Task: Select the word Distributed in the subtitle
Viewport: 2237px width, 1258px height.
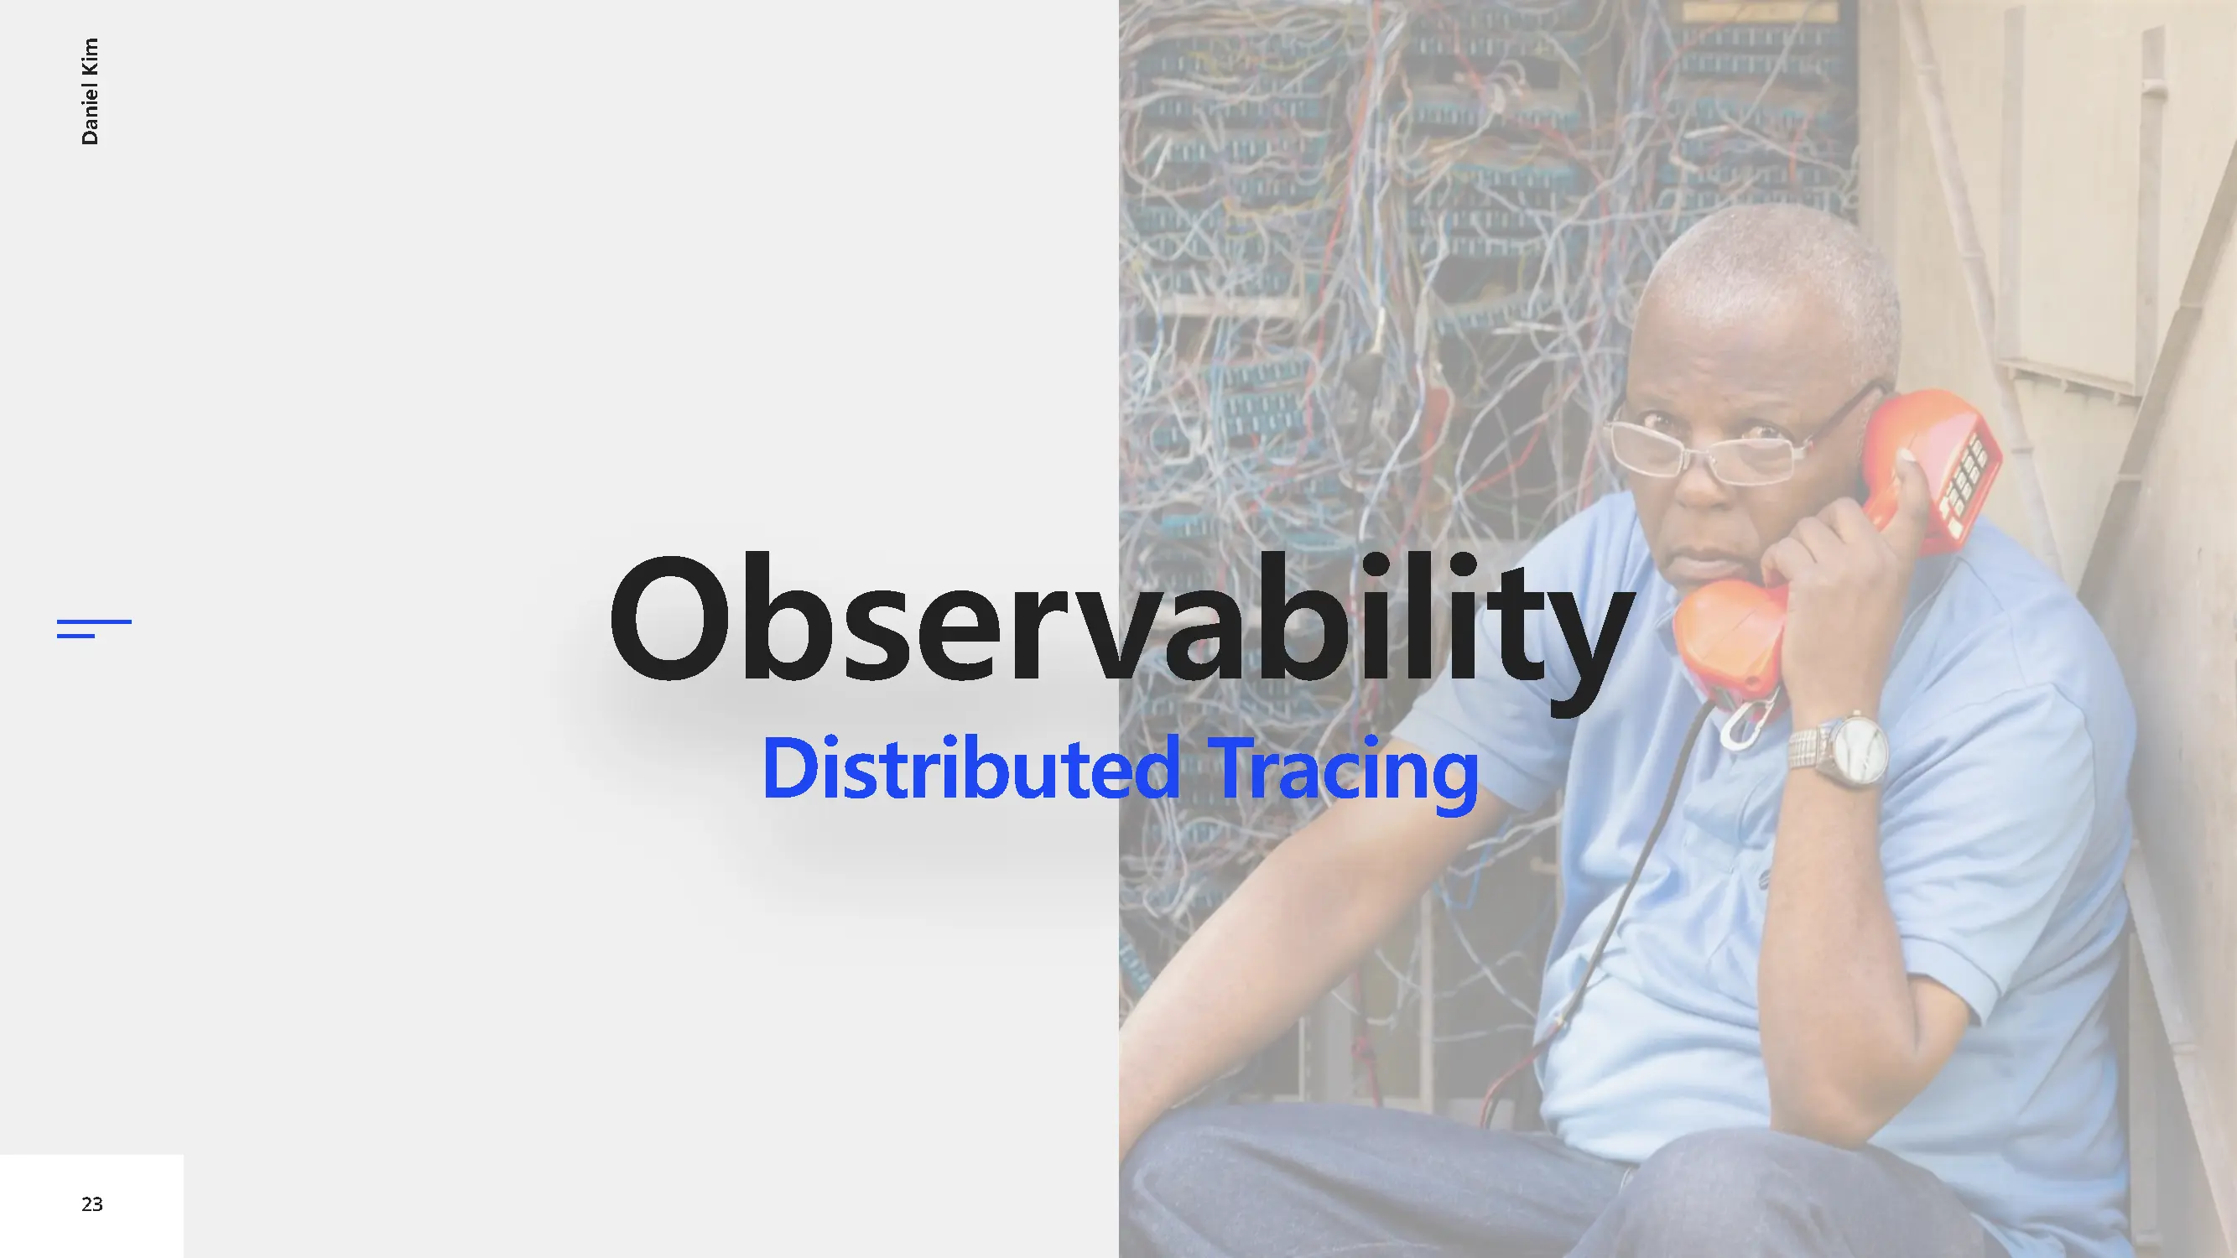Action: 970,768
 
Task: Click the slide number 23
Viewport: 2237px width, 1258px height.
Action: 92,1204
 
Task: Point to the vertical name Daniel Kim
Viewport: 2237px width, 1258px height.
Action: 90,91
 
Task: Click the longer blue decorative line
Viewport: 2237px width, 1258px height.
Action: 95,621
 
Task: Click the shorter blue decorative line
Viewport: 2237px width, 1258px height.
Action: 75,636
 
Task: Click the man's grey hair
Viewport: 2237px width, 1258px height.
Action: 1771,278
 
